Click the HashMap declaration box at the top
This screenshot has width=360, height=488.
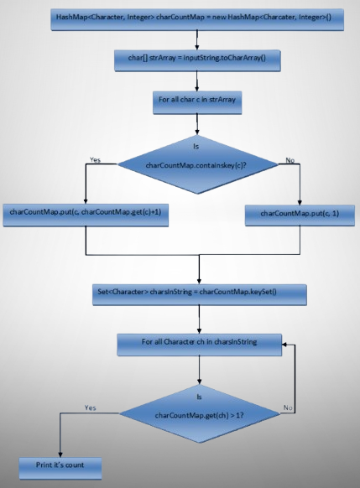pyautogui.click(x=197, y=19)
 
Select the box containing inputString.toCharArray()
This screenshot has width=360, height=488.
pyautogui.click(x=197, y=60)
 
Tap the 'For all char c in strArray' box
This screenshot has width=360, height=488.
pyautogui.click(x=197, y=102)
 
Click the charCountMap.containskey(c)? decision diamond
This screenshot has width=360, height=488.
pyautogui.click(x=197, y=164)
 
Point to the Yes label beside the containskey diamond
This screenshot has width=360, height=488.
pyautogui.click(x=95, y=159)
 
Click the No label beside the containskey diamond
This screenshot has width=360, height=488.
pyautogui.click(x=290, y=160)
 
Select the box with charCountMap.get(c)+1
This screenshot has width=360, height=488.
pyautogui.click(x=86, y=215)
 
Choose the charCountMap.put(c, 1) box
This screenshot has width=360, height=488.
pyautogui.click(x=300, y=215)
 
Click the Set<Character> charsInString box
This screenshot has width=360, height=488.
pyautogui.click(x=200, y=294)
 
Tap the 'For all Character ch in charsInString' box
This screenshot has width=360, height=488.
pyautogui.click(x=200, y=345)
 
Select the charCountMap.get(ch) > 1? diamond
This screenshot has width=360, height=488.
pyautogui.click(x=200, y=413)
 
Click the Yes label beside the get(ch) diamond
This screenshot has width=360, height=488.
pyautogui.click(x=91, y=408)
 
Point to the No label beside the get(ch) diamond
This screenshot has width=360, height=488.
pyautogui.click(x=288, y=408)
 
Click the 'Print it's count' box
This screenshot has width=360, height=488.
pyautogui.click(x=60, y=468)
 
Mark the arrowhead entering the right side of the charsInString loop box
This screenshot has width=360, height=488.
pyautogui.click(x=284, y=345)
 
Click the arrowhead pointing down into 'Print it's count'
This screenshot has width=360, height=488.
pyautogui.click(x=60, y=454)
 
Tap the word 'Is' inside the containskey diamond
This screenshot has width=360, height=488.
pyautogui.click(x=196, y=146)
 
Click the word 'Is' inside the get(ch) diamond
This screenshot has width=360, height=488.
pyautogui.click(x=200, y=397)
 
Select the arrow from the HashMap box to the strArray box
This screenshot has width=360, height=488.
pyautogui.click(x=197, y=40)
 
